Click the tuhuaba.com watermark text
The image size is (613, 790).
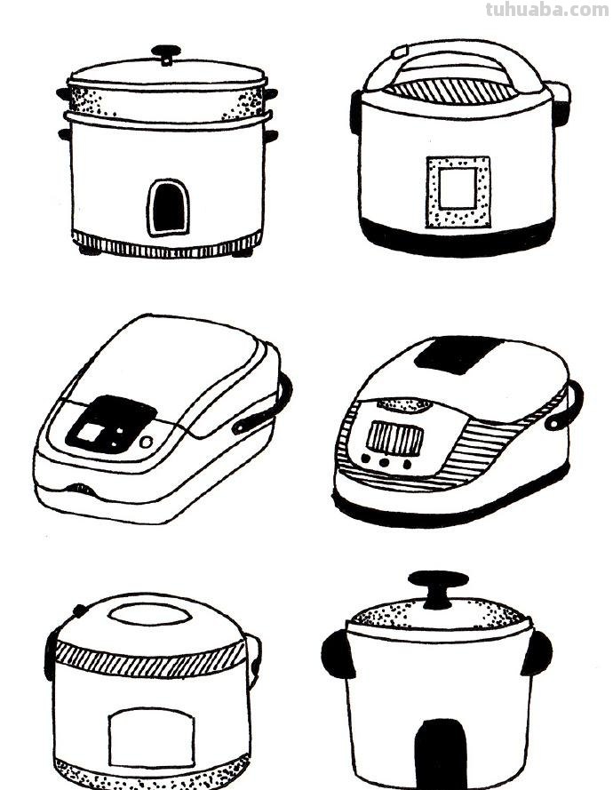(547, 10)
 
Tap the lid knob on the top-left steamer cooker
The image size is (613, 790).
(166, 53)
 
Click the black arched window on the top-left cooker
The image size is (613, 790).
(168, 208)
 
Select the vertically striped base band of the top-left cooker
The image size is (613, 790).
(167, 245)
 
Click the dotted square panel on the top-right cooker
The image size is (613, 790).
(458, 192)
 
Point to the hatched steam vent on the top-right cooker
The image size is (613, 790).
(451, 92)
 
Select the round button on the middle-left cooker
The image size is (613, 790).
(146, 442)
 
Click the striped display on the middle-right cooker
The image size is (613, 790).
(394, 438)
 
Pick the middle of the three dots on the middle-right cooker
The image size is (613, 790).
(386, 462)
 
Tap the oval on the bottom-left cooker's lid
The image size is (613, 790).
(149, 616)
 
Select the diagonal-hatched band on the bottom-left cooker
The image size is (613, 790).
(150, 659)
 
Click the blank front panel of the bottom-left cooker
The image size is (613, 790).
(151, 737)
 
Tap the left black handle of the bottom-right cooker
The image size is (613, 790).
(336, 654)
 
